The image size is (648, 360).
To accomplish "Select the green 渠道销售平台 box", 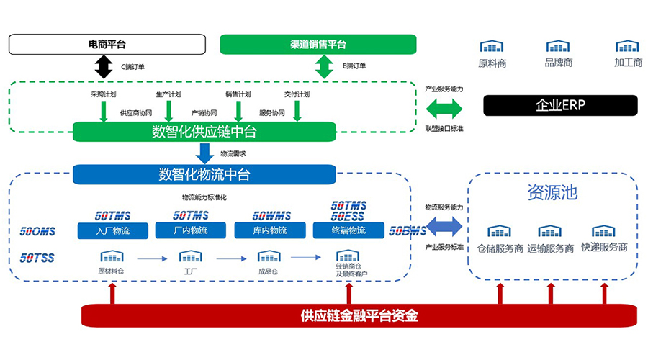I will [x=318, y=45].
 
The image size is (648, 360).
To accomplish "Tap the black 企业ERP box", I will [x=560, y=105].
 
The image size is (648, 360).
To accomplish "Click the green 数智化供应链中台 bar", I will [x=204, y=132].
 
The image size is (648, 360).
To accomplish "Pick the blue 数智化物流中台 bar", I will [x=204, y=174].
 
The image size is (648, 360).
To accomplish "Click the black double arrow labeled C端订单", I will [x=104, y=66].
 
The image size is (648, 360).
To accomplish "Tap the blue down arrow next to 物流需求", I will [x=204, y=153].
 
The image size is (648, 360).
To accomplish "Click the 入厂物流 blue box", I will [x=113, y=230].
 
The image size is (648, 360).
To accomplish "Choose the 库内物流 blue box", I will [x=269, y=230].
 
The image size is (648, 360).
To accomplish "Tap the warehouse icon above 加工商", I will [x=628, y=47].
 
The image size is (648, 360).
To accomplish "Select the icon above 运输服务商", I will [x=549, y=231].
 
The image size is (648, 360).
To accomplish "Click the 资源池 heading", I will [x=552, y=194].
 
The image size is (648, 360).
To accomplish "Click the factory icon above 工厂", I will [x=190, y=256].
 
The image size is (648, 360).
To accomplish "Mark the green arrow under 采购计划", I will [x=104, y=110].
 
